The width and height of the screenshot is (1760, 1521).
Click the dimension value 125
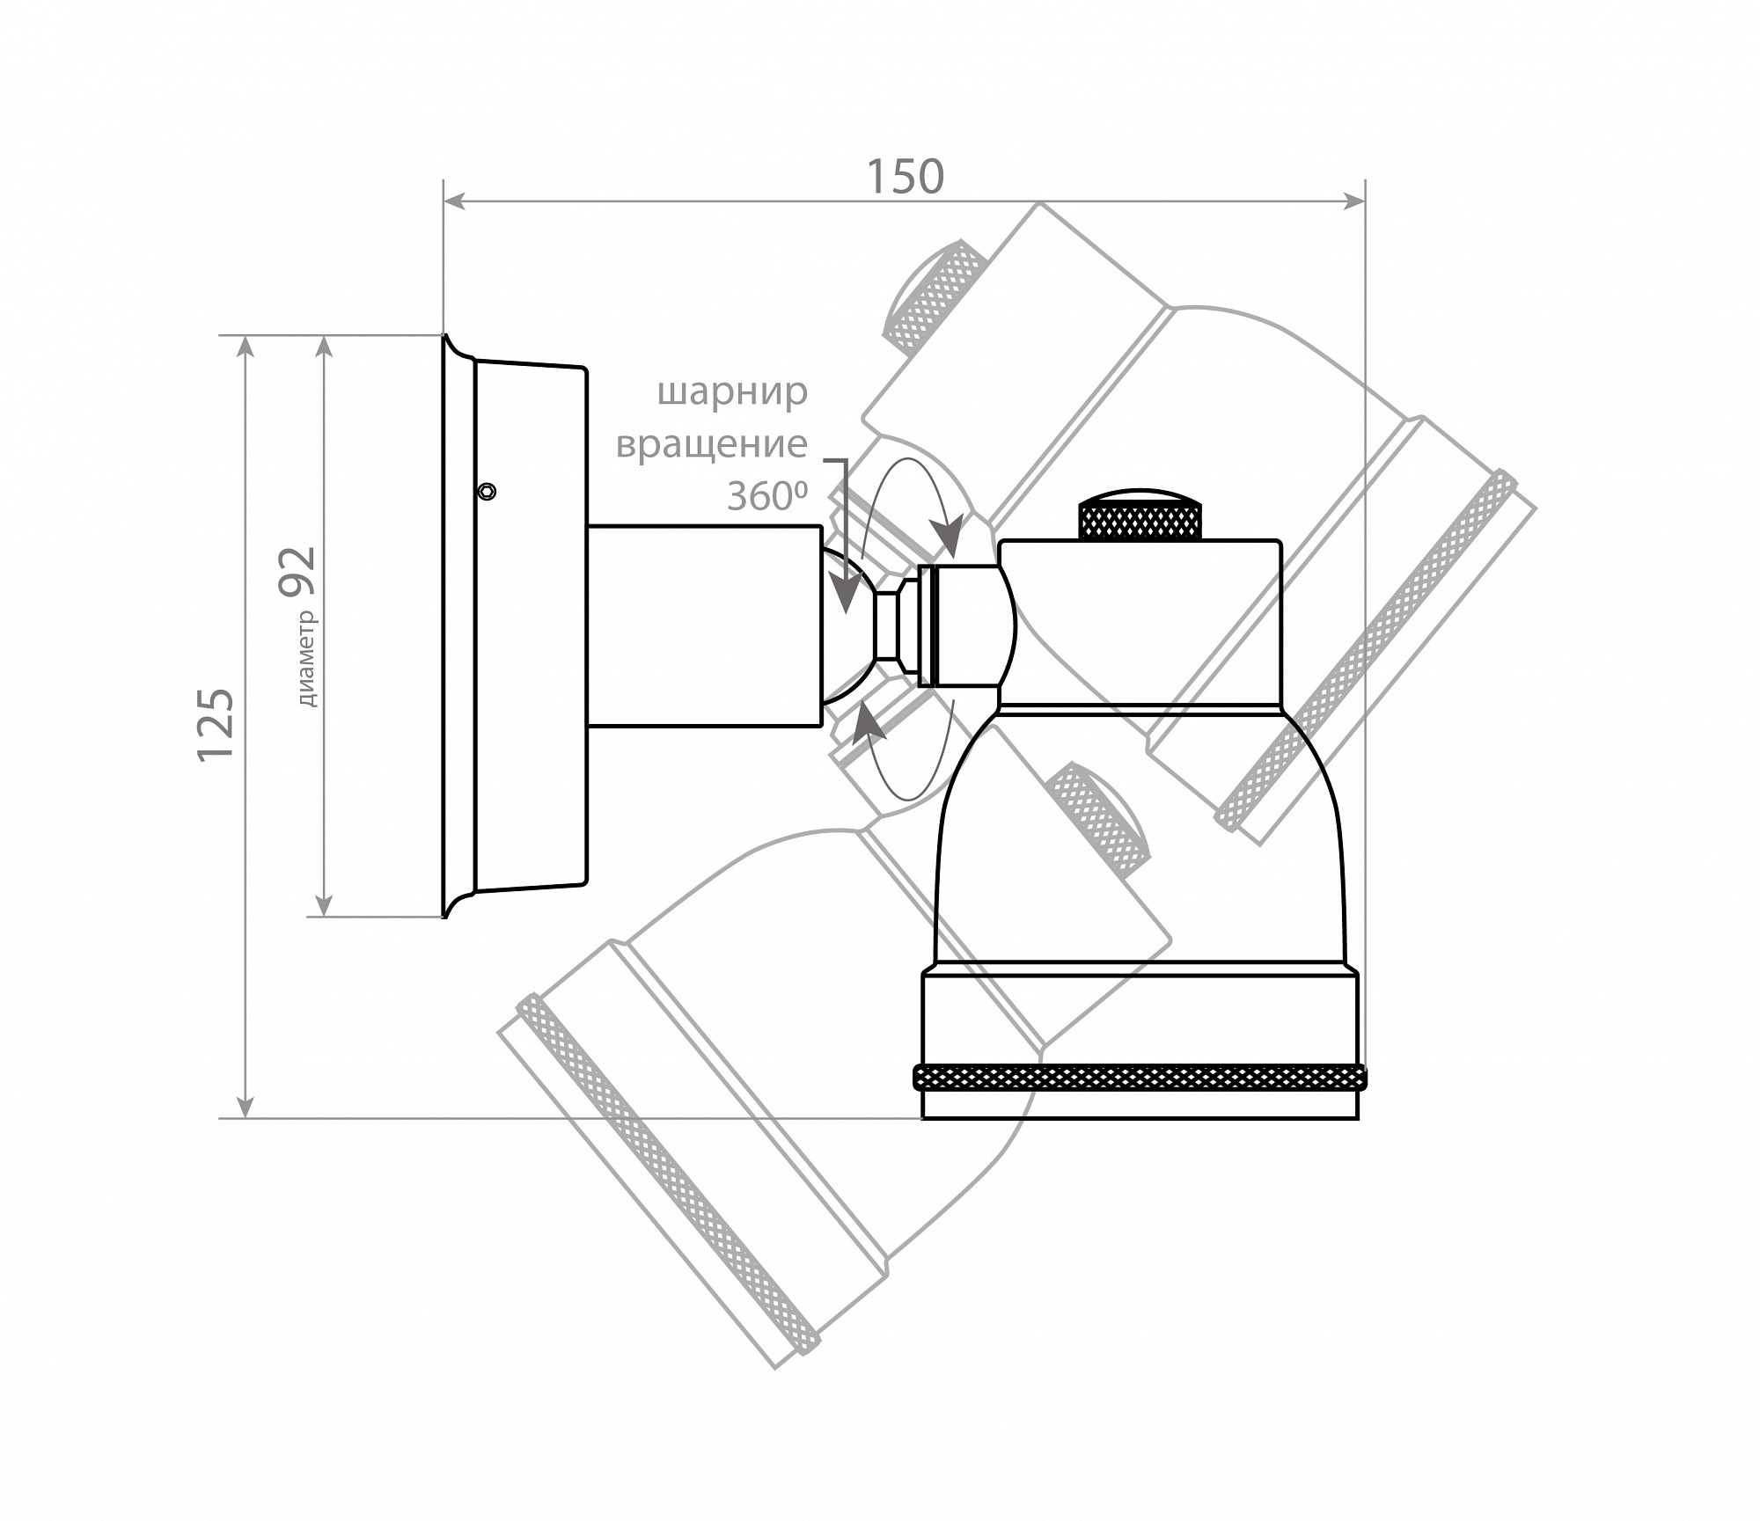coord(216,724)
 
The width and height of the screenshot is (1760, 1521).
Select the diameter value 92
coord(297,572)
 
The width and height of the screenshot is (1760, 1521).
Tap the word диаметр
coord(307,658)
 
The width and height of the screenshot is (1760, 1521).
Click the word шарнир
coord(732,393)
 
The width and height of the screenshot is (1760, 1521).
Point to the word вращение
coord(711,444)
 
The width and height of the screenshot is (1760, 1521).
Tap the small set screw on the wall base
coord(487,491)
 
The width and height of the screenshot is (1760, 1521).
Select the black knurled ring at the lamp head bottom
coord(1140,1077)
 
